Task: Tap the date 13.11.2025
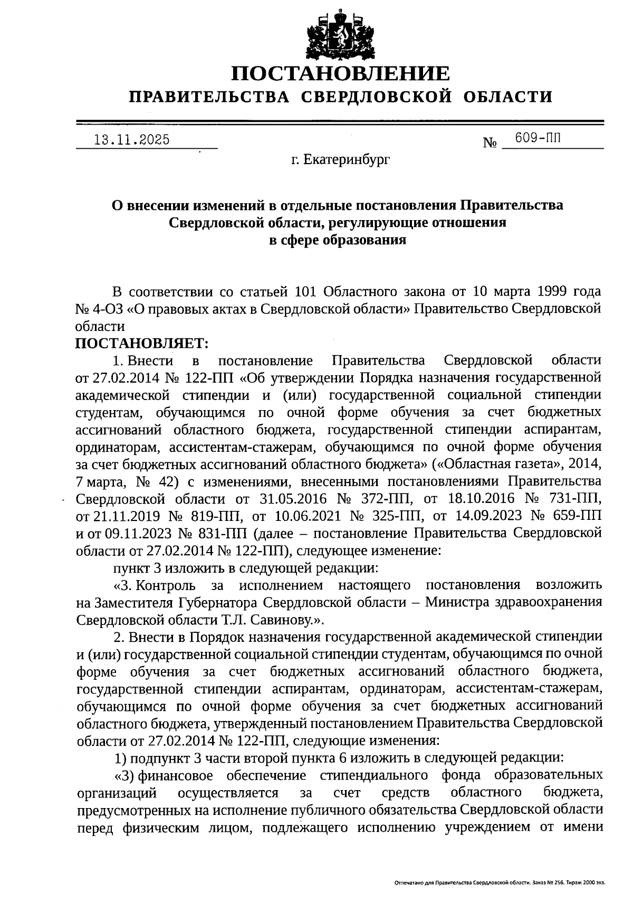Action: point(131,139)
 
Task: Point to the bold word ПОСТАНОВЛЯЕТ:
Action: point(142,343)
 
